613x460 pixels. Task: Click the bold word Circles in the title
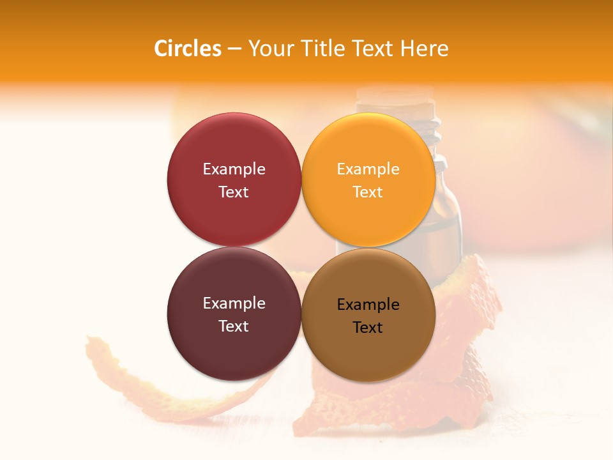(x=187, y=49)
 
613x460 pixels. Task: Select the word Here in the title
(x=425, y=49)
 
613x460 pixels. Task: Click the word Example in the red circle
(x=234, y=169)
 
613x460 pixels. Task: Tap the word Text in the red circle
(x=234, y=192)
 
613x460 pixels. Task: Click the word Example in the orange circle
(x=368, y=169)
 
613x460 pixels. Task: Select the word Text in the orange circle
(x=368, y=192)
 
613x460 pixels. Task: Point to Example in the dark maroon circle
(x=234, y=303)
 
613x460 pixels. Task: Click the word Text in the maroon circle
(x=234, y=326)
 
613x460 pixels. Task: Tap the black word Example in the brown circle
(x=368, y=305)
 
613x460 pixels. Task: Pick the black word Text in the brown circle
(x=368, y=328)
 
